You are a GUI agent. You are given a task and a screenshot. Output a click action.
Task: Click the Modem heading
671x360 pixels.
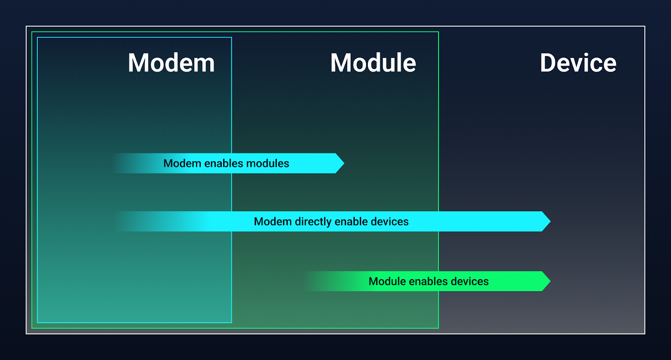(171, 63)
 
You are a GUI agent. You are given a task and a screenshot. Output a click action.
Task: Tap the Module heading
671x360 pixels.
(373, 63)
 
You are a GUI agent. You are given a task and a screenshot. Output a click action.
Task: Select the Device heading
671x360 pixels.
(578, 63)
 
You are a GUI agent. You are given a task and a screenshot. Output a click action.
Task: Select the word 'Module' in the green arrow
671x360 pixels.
(387, 281)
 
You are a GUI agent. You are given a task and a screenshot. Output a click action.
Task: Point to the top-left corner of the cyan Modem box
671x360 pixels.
(37, 37)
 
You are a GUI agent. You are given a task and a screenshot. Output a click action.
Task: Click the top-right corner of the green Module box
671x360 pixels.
(439, 32)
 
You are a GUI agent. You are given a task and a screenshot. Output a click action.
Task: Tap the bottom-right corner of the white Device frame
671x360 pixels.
(645, 334)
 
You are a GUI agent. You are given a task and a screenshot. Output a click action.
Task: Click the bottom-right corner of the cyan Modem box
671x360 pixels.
(231, 323)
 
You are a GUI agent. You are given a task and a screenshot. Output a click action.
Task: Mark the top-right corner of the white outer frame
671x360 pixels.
(645, 26)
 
